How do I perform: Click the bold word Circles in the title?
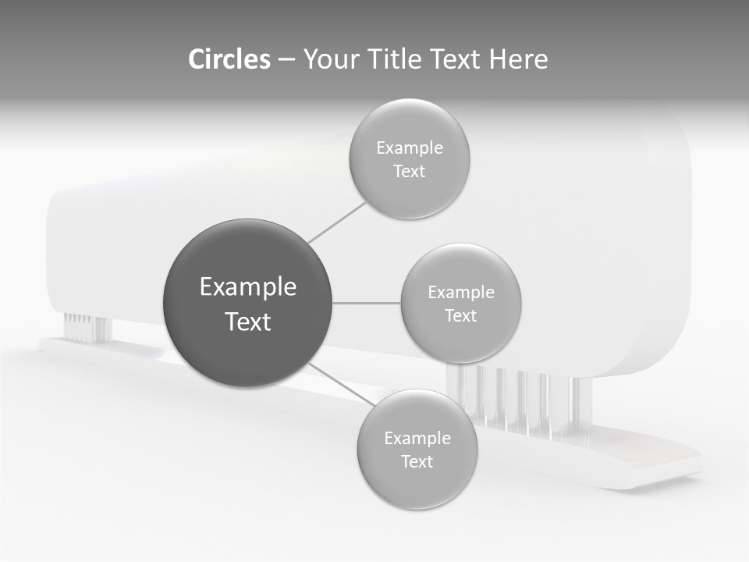pos(229,59)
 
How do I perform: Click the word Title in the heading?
pos(394,59)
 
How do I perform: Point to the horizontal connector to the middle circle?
pos(367,303)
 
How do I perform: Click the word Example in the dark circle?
pos(248,287)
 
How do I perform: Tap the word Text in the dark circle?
pos(248,322)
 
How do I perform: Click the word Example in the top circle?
pos(409,148)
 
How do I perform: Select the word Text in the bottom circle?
pos(417,461)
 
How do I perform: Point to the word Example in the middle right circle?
pos(460,293)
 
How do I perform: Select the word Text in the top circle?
pos(409,172)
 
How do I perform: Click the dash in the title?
pos(286,59)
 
